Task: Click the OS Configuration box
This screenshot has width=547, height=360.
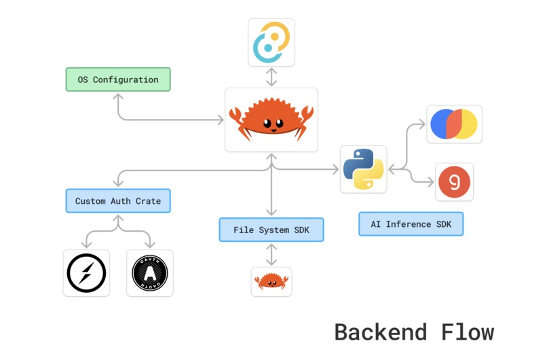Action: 118,79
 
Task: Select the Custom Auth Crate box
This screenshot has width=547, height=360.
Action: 118,201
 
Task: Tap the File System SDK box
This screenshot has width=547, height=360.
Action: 271,230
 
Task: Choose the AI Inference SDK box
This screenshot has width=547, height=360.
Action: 411,224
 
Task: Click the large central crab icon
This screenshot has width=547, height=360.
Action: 271,120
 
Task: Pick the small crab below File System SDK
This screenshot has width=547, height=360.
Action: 271,281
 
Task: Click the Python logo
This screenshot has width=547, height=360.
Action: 363,169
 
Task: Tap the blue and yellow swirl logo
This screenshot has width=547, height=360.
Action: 271,42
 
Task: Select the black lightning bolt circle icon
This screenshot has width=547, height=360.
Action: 86,273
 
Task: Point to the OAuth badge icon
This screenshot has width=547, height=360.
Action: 150,273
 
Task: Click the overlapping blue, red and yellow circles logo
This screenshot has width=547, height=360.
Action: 454,124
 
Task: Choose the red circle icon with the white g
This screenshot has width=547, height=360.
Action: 454,181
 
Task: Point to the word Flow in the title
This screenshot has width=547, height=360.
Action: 466,332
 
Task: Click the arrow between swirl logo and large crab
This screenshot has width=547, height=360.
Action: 271,77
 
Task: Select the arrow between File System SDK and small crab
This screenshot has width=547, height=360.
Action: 271,254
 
